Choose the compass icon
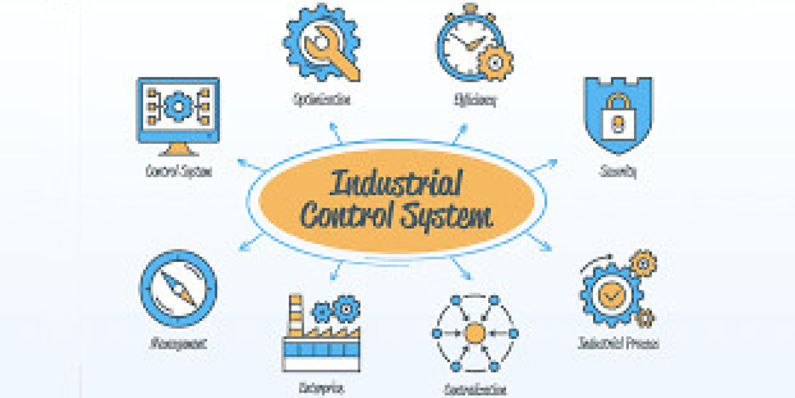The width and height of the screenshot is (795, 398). pos(178,289)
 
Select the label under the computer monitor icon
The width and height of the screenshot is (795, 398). pos(179,171)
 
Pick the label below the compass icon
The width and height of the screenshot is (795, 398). pos(178,344)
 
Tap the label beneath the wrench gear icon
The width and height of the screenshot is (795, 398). pos(321,100)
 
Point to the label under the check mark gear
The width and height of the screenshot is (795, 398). pos(618,344)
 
